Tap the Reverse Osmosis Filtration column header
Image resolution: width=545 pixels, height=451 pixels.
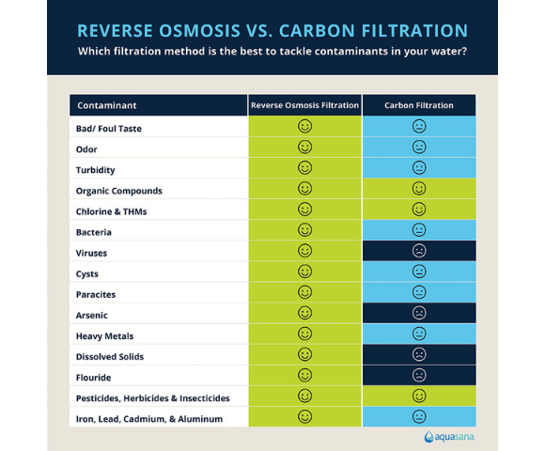pos(304,105)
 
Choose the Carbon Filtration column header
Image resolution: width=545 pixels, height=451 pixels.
pos(418,105)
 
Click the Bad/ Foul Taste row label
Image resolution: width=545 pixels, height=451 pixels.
pos(109,128)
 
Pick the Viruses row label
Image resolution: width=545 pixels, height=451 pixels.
pos(92,253)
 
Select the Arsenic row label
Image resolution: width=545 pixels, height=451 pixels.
pos(93,315)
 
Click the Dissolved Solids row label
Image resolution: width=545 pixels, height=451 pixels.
pos(110,356)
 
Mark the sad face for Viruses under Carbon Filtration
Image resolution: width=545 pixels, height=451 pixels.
pos(419,251)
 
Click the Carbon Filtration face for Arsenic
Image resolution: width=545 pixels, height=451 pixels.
pos(419,313)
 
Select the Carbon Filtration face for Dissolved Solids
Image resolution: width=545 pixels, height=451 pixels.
pos(419,354)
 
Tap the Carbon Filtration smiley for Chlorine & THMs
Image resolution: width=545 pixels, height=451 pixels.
pos(419,210)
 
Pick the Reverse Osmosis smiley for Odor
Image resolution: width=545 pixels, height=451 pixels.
pos(304,148)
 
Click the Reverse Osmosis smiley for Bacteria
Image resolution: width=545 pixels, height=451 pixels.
pos(304,230)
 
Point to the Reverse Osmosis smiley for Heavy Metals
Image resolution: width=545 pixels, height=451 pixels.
pos(304,334)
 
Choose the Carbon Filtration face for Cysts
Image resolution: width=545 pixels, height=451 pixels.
pos(419,272)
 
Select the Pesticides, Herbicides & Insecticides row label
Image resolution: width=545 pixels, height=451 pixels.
pos(152,397)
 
